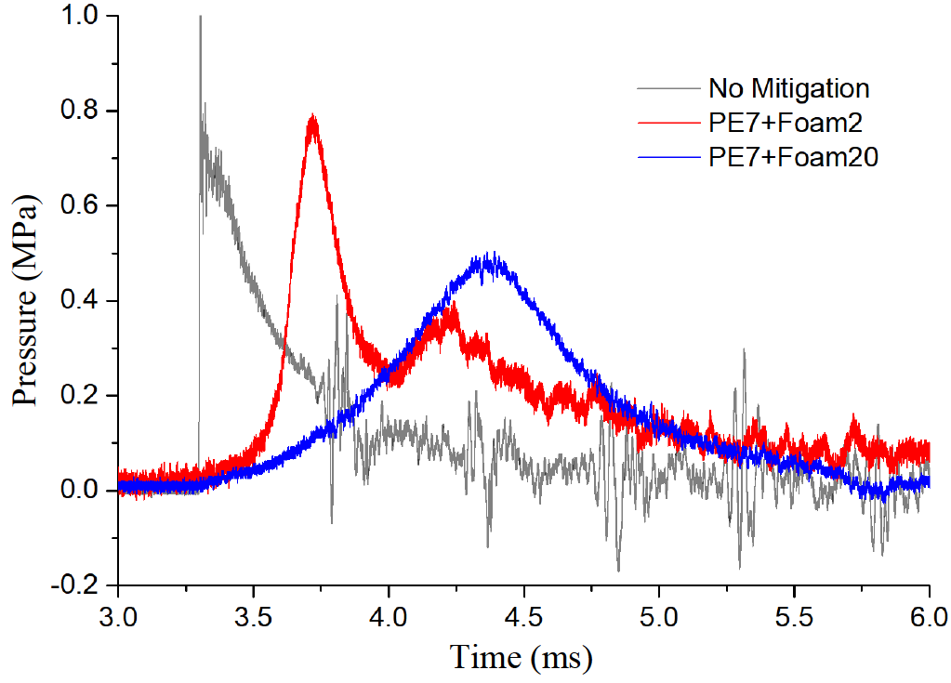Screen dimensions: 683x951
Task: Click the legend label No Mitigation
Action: pos(788,89)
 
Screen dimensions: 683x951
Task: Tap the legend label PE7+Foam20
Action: pos(792,158)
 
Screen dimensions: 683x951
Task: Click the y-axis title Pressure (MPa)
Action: pos(27,301)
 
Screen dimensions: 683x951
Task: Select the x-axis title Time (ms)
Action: pos(522,657)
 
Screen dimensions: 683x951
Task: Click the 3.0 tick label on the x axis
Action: pos(119,616)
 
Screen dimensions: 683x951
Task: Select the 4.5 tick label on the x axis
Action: pos(523,616)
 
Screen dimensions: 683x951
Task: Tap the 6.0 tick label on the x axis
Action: pos(928,616)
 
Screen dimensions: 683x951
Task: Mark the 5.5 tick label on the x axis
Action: pos(794,616)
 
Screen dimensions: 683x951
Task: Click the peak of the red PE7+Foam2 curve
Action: pos(313,116)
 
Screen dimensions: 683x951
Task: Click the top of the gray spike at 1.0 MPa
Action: pos(200,17)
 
